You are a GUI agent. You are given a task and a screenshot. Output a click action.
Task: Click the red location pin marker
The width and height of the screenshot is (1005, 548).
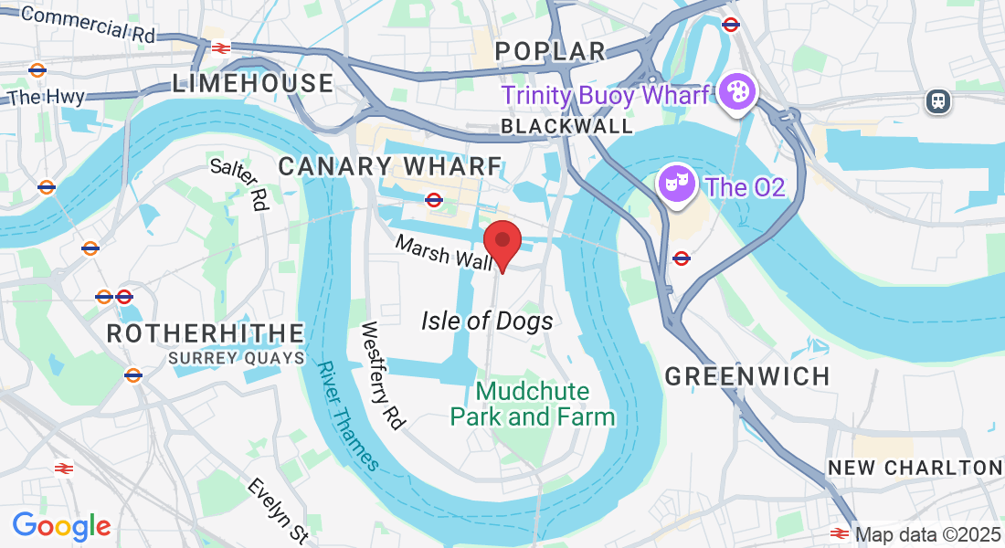[x=502, y=242]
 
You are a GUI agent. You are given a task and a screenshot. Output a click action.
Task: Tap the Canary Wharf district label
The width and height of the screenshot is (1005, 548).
[x=390, y=166]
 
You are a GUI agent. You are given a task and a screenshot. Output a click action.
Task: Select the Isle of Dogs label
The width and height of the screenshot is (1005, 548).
[x=487, y=321]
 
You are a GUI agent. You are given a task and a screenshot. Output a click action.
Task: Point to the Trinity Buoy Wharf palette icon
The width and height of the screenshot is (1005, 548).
[x=734, y=92]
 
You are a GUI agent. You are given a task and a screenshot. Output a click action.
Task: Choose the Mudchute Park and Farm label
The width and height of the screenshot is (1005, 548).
[x=533, y=404]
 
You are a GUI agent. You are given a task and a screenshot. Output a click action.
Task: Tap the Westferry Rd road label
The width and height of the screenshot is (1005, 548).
[x=382, y=375]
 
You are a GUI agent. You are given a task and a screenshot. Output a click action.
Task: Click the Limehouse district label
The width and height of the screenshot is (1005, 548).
[x=253, y=83]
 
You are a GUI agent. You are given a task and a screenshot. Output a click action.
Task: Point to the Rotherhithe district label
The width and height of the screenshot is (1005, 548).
[x=205, y=333]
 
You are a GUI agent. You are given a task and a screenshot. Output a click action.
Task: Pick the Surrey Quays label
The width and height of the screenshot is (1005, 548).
[x=236, y=359]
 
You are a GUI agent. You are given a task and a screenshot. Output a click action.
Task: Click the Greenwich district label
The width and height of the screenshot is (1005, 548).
[x=747, y=375]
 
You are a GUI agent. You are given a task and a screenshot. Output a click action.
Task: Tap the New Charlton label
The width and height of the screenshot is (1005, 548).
[x=915, y=468]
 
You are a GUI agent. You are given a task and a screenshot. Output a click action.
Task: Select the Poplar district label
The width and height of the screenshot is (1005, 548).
[x=551, y=51]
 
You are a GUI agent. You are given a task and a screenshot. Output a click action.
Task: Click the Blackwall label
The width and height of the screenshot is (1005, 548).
[x=566, y=126]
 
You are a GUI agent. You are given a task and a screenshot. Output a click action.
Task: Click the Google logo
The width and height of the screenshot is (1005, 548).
[x=61, y=526]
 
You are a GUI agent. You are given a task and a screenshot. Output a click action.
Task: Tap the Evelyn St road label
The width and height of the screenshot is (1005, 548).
[x=277, y=511]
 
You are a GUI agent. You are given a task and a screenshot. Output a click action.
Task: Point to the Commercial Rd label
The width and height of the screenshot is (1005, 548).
[x=88, y=23]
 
